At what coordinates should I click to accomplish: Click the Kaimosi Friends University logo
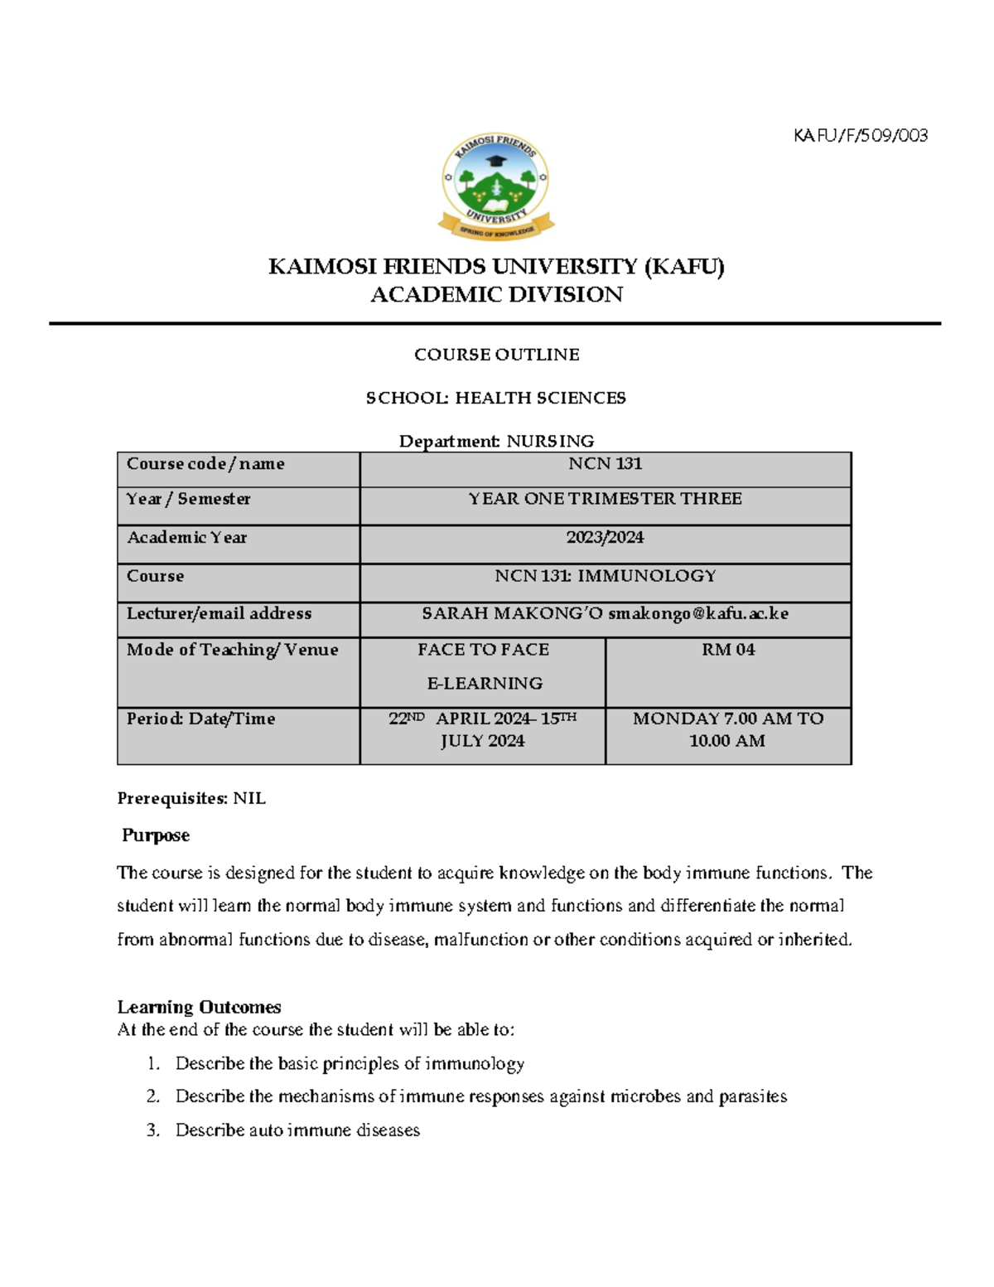click(x=495, y=186)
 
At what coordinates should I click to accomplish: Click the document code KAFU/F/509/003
click(x=860, y=135)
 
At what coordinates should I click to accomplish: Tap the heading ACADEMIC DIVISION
click(x=496, y=295)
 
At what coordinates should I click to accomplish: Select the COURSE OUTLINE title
click(x=496, y=355)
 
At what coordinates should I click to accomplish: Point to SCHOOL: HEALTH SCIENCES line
click(x=495, y=398)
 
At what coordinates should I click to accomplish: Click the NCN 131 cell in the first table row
click(x=605, y=464)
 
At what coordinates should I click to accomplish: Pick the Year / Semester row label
click(x=188, y=499)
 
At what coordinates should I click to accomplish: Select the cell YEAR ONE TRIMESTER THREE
click(x=605, y=499)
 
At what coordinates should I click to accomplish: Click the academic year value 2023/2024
click(x=605, y=538)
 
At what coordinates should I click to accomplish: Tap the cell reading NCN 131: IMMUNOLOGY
click(x=605, y=576)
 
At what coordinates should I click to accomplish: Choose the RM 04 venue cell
click(x=728, y=650)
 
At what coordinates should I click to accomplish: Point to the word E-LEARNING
click(x=485, y=684)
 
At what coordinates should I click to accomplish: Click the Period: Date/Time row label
click(x=200, y=719)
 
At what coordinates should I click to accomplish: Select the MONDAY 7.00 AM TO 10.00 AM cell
click(x=728, y=730)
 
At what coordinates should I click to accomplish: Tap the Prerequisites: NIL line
click(x=191, y=799)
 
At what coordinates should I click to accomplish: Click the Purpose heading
click(x=156, y=835)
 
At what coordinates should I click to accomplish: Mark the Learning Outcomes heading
click(x=199, y=1007)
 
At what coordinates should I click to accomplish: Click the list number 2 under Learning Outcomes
click(x=152, y=1096)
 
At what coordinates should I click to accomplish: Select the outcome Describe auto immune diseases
click(x=297, y=1130)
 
